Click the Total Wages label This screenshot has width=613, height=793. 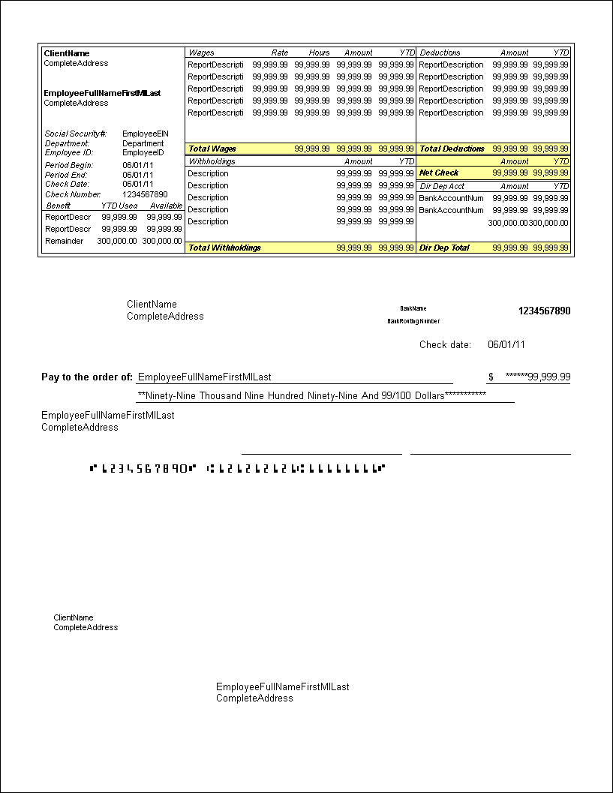click(x=212, y=149)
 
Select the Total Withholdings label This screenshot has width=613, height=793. click(x=224, y=248)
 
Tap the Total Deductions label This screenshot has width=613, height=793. click(x=452, y=149)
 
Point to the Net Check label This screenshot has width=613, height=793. click(x=439, y=173)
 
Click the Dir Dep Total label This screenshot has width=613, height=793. click(x=445, y=248)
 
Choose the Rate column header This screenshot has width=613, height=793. click(x=279, y=53)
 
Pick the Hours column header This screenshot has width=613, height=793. click(x=320, y=53)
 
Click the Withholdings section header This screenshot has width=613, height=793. click(x=212, y=161)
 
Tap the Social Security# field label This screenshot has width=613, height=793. click(x=75, y=134)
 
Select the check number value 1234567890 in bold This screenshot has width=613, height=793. click(x=544, y=311)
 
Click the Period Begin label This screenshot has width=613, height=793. click(x=69, y=165)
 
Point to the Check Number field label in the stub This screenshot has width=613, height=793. click(x=73, y=194)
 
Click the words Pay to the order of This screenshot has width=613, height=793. click(x=87, y=377)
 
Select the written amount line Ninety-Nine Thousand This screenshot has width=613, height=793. click(x=311, y=395)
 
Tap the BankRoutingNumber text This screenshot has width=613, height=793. click(x=413, y=321)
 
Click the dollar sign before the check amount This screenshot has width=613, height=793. click(x=491, y=377)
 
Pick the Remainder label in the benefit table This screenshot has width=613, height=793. click(x=65, y=241)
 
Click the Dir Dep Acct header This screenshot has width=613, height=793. click(x=442, y=186)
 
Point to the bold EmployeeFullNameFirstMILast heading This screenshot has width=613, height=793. click(x=102, y=93)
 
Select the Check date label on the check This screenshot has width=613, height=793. click(x=445, y=345)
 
